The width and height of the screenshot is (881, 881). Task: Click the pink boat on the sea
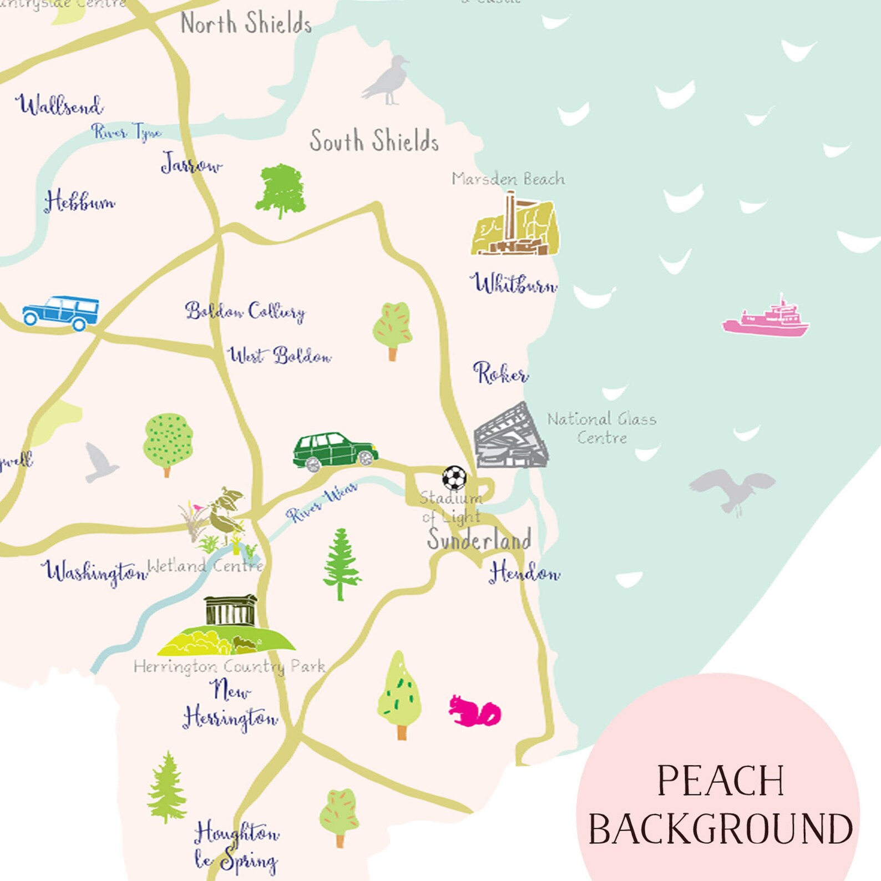pos(766,319)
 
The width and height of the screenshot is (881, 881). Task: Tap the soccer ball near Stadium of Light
pos(454,478)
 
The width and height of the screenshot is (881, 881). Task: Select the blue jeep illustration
pos(61,312)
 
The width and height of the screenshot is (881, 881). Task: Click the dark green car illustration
pos(335,451)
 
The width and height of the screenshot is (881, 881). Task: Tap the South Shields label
pos(374,140)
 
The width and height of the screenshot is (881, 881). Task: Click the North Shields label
pos(246,23)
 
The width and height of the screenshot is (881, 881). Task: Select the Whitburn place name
pos(514,283)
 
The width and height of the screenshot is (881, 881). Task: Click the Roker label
pos(500,373)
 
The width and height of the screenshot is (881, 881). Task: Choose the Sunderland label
pos(479,539)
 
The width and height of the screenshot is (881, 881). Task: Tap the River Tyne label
pos(126,132)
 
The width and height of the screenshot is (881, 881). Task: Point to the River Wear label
pos(322,503)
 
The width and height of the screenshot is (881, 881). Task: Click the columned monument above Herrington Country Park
pos(231,611)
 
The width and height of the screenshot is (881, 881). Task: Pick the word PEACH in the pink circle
pos(720,781)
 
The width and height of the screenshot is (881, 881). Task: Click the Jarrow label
pos(191,164)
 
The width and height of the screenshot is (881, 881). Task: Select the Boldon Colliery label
pos(245,311)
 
